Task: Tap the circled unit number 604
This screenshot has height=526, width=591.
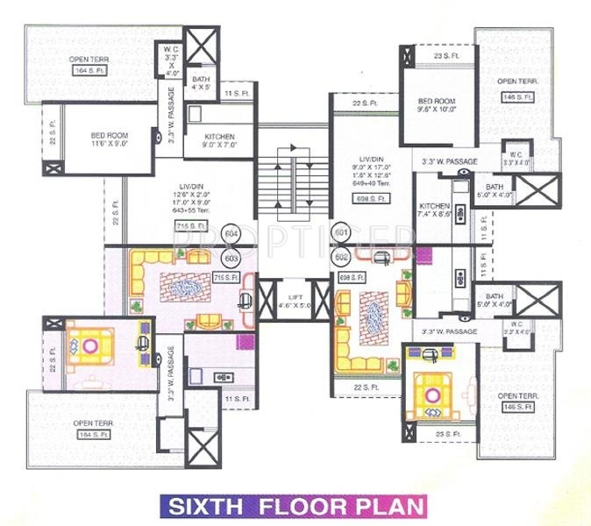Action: tap(231, 234)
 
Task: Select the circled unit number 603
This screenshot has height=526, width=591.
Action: tap(231, 259)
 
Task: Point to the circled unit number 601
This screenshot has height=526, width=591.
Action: tap(341, 234)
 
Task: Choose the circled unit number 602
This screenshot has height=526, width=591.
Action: tap(341, 258)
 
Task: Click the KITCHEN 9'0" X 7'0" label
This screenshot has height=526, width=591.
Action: tap(219, 142)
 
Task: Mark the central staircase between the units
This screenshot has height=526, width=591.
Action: tap(292, 182)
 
